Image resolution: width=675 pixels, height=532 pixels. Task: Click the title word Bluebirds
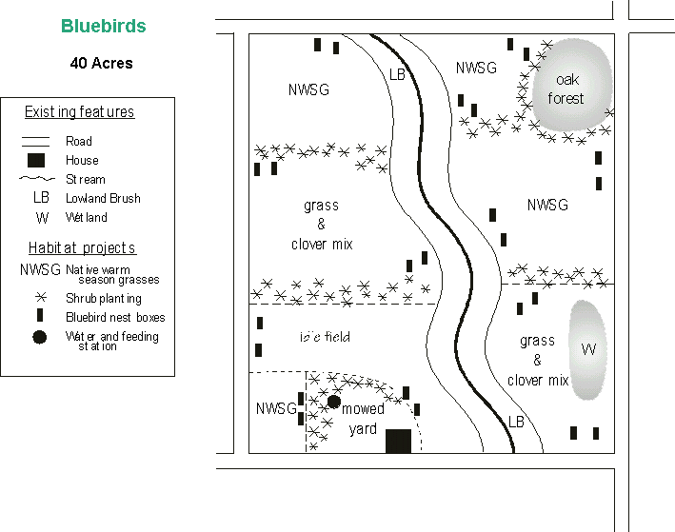(x=104, y=26)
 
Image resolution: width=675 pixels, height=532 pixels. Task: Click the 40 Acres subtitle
(x=101, y=64)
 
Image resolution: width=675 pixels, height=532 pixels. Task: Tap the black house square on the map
(x=398, y=441)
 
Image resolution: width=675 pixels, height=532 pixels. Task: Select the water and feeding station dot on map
(x=333, y=402)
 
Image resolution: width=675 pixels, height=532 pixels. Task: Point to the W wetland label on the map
(x=588, y=349)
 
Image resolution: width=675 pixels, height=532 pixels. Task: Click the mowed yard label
(x=363, y=419)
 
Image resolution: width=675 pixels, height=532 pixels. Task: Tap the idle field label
(x=325, y=337)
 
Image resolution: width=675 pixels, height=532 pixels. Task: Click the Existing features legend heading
(x=79, y=112)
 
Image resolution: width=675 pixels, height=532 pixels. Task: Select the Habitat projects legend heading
(x=82, y=248)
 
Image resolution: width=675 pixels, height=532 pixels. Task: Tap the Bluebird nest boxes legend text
(x=115, y=317)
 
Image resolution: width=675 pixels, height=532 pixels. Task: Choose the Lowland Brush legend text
(x=103, y=198)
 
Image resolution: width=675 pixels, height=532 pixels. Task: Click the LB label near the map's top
(x=397, y=74)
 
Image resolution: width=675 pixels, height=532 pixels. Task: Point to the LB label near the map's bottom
(x=516, y=421)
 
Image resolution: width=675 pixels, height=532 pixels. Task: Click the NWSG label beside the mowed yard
(x=276, y=408)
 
